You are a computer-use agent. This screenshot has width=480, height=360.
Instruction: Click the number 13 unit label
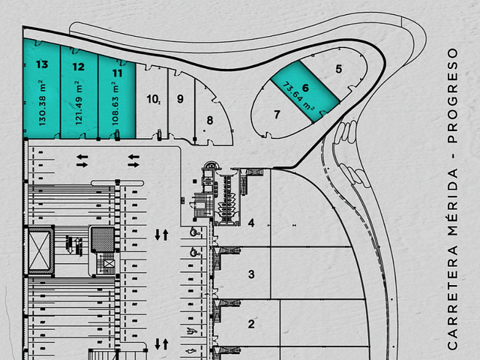point(42,64)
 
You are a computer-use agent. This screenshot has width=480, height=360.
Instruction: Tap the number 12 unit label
point(78,67)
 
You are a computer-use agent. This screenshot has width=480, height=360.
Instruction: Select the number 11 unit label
point(117,73)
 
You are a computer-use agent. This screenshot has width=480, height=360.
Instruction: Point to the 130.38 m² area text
point(43,103)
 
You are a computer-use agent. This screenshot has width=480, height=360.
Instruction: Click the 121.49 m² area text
point(79,103)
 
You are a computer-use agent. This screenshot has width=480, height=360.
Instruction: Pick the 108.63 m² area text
point(115,103)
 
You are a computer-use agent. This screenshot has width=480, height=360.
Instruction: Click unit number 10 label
point(152,99)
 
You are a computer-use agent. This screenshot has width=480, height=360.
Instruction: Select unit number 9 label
point(180,99)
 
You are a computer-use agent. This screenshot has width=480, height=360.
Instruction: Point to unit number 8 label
point(210,120)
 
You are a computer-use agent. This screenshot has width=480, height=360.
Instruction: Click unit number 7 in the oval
point(277,115)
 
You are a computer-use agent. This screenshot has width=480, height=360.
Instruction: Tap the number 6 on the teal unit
point(305,88)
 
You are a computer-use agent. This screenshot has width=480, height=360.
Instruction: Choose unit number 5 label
point(338,69)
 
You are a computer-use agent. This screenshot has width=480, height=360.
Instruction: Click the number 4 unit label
point(251,223)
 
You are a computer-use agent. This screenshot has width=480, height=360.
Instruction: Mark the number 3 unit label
point(251,274)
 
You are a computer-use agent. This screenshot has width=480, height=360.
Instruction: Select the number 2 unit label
point(251,324)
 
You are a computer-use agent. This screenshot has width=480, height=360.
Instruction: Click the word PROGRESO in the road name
point(452,95)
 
